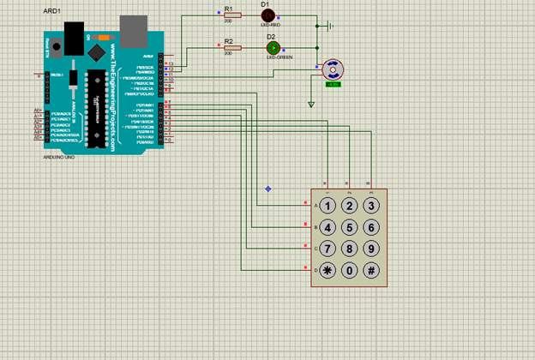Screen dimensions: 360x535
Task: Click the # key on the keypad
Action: tap(371, 271)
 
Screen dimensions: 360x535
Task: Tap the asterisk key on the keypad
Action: tap(328, 271)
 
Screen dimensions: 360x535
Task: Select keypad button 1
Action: tap(328, 206)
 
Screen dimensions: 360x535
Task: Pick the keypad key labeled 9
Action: tap(371, 249)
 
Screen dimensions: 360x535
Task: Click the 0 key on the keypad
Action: tap(349, 271)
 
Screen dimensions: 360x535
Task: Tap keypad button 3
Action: tap(371, 206)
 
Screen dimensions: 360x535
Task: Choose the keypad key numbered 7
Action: tap(328, 249)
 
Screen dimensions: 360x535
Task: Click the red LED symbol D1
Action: tap(267, 16)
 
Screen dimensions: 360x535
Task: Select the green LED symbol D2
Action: tap(274, 48)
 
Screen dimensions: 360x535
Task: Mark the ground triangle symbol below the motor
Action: tap(312, 105)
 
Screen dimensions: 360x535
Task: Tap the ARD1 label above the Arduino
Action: tap(51, 11)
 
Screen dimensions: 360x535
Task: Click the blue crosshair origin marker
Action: tap(268, 189)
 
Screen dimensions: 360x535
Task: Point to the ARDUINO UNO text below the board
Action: tap(58, 158)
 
